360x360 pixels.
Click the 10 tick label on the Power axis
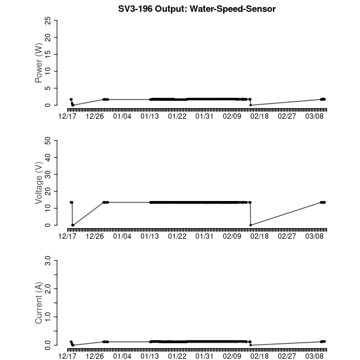(x=47, y=71)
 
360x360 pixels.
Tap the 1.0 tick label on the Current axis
(x=47, y=317)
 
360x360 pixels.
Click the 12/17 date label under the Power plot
(x=67, y=116)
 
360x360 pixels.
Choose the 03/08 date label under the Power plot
(x=315, y=116)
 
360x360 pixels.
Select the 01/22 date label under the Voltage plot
(x=178, y=236)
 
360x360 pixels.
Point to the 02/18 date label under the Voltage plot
(x=260, y=236)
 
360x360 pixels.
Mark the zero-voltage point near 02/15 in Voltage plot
(x=250, y=225)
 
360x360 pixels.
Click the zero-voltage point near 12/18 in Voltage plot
(x=73, y=225)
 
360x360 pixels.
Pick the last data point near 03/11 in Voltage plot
(x=323, y=202)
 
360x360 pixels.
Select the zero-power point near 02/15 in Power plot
(x=250, y=105)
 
